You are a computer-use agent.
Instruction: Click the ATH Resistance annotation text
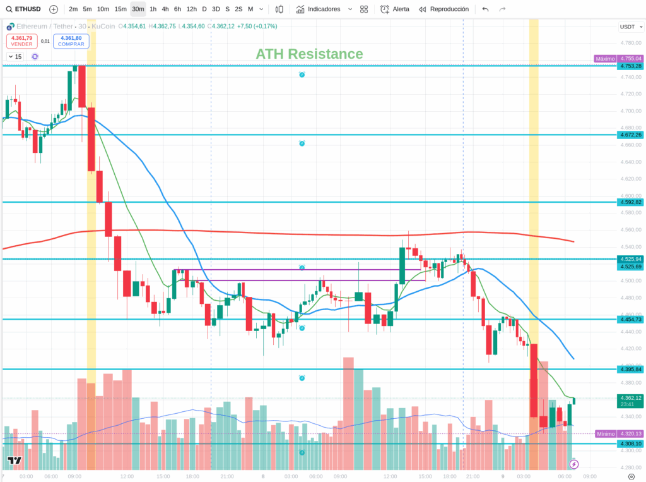pyautogui.click(x=309, y=54)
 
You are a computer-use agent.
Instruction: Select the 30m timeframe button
pyautogui.click(x=138, y=9)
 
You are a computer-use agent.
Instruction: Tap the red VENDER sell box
pyautogui.click(x=21, y=41)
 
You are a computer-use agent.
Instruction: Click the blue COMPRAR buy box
pyautogui.click(x=71, y=41)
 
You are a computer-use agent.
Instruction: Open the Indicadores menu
pyautogui.click(x=324, y=9)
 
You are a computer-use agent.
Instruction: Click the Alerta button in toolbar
pyautogui.click(x=395, y=9)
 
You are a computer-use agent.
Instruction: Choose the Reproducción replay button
pyautogui.click(x=443, y=9)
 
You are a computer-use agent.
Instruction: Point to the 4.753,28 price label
pyautogui.click(x=630, y=66)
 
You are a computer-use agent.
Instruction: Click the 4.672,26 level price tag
pyautogui.click(x=630, y=135)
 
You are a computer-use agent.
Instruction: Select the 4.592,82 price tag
pyautogui.click(x=630, y=202)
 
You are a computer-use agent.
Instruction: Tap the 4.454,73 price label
pyautogui.click(x=630, y=320)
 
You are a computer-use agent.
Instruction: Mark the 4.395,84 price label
pyautogui.click(x=630, y=369)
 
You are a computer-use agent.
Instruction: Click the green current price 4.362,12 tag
pyautogui.click(x=630, y=401)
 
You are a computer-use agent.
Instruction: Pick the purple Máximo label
pyautogui.click(x=605, y=59)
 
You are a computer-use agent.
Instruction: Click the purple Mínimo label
pyautogui.click(x=605, y=433)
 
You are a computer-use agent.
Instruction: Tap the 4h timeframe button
pyautogui.click(x=165, y=9)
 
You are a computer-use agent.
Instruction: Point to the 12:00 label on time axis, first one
pyautogui.click(x=127, y=476)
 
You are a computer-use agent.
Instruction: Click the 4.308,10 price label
pyautogui.click(x=630, y=443)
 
